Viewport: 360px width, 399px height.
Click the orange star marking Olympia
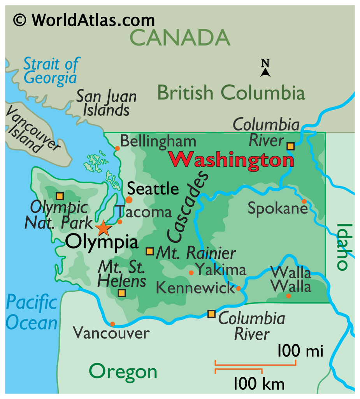(103, 228)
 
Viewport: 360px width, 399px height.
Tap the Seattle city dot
(129, 200)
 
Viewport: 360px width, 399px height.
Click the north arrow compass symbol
(265, 69)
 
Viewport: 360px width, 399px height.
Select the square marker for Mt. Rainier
(149, 251)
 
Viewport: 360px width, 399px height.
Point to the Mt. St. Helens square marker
(122, 293)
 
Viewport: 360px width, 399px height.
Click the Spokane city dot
(304, 201)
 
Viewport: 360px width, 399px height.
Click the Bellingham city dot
(117, 148)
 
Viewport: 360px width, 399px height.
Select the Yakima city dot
(191, 273)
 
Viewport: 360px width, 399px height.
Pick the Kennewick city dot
(238, 289)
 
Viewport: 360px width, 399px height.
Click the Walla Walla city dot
(288, 296)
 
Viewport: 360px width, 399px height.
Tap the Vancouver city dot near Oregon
(112, 324)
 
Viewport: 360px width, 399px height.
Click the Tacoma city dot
(120, 222)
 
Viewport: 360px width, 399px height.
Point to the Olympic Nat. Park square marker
(60, 196)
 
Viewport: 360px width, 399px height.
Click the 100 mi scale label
(300, 351)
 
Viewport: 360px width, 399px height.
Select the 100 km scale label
(259, 383)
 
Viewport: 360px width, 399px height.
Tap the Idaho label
(342, 247)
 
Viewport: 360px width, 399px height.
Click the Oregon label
(123, 371)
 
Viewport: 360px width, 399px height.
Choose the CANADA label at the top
(180, 37)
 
